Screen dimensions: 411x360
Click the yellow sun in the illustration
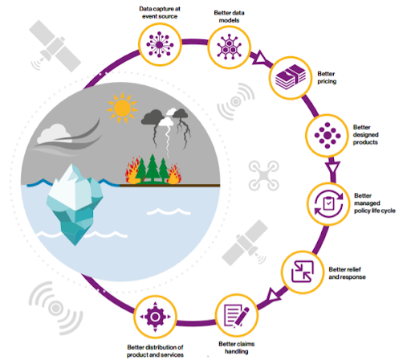tap(122, 108)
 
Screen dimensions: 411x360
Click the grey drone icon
tap(263, 176)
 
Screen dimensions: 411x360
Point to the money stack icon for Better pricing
tap(291, 77)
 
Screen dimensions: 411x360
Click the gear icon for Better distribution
tap(155, 317)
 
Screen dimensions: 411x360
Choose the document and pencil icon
tap(237, 316)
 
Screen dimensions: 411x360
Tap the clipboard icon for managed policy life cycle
tap(328, 204)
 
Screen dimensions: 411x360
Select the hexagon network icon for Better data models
tap(229, 47)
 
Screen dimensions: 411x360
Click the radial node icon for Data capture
tap(160, 44)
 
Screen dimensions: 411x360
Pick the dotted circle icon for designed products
tap(328, 136)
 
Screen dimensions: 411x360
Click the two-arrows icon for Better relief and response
tap(303, 272)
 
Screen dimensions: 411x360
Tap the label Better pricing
tap(327, 77)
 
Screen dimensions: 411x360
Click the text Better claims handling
tap(237, 347)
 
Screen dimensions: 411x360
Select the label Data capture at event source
tap(160, 12)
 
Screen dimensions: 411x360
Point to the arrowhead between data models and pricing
tap(259, 58)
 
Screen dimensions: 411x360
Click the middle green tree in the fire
tap(153, 168)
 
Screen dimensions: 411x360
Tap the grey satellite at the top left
tap(55, 46)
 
